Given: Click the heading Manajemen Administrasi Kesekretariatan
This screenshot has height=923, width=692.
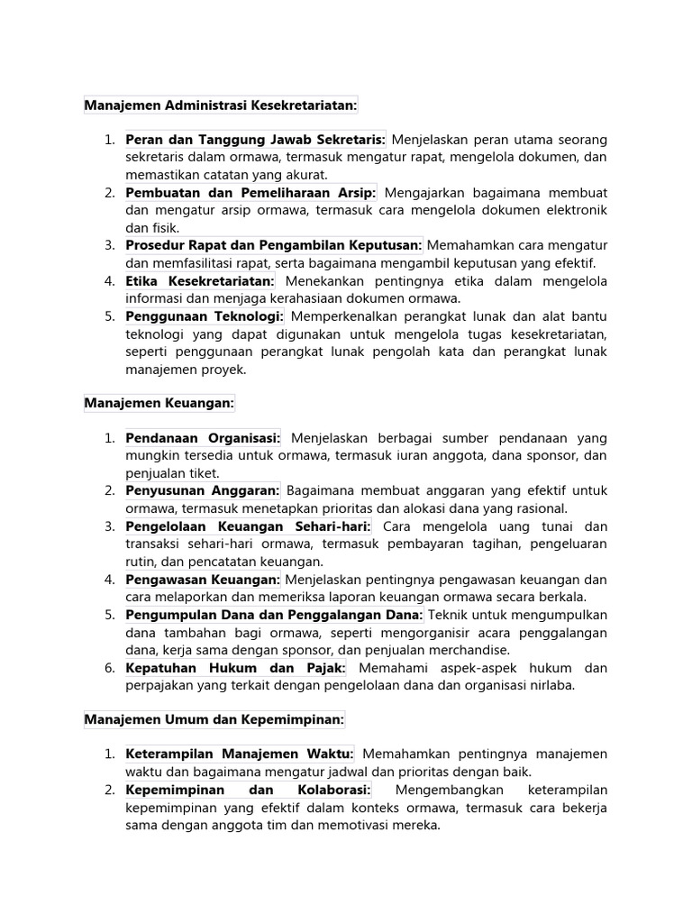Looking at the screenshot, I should tap(221, 105).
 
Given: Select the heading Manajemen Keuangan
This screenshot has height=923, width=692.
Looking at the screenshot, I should tap(159, 404).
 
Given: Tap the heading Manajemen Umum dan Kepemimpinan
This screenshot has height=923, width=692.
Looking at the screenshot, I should tap(214, 720).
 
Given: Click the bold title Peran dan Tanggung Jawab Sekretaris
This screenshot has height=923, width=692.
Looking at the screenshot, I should tap(256, 140).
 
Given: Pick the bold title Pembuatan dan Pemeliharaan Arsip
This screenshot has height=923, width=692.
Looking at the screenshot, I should tap(251, 193).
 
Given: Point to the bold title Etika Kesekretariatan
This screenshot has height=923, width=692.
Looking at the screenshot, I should tap(201, 281).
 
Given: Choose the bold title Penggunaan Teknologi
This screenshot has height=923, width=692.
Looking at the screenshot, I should tap(205, 316).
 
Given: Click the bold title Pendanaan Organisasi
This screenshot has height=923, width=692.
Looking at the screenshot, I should tap(204, 438).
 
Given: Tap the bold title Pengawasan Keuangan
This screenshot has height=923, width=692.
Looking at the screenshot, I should tap(204, 580).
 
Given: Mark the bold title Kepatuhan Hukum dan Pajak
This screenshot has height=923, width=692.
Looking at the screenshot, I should tap(236, 668).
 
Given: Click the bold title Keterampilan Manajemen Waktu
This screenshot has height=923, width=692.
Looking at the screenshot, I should tap(240, 754).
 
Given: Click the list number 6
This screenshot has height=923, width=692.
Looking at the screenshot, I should tap(108, 668).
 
